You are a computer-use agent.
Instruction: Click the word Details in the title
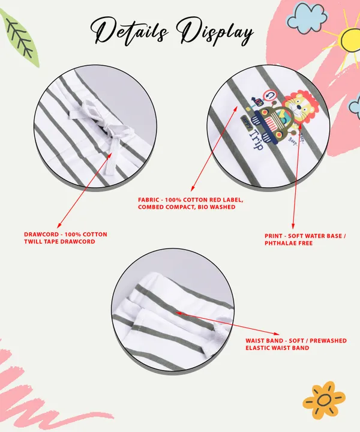point(129,32)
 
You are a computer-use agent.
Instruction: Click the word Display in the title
point(215,31)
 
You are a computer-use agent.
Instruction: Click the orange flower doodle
point(324,400)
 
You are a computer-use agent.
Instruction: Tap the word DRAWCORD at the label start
point(41,235)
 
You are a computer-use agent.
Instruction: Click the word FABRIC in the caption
point(148,200)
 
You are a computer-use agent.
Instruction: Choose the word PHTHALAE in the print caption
point(280,243)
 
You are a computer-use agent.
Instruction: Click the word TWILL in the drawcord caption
point(33,242)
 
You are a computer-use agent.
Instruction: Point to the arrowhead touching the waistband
point(178,313)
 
